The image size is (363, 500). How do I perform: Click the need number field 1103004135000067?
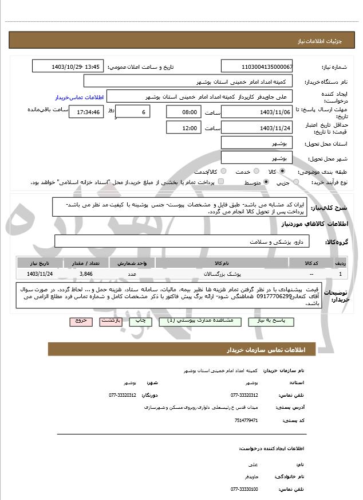257,67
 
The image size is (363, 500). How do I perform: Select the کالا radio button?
282,171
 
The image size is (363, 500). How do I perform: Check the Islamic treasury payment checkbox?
221,182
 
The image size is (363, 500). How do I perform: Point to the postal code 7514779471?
247,420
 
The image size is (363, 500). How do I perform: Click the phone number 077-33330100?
244,489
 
